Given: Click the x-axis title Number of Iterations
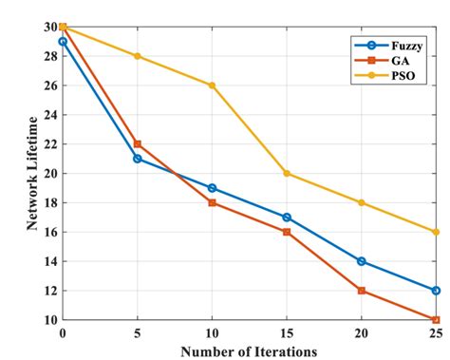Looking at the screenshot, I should tap(249, 351).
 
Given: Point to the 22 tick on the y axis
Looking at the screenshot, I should tap(47, 144).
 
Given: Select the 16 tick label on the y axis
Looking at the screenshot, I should tap(47, 232).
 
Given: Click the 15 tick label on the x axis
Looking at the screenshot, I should tap(287, 333).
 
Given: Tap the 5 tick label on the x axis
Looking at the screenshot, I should tap(138, 333).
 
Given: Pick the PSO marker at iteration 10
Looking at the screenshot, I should tap(212, 85).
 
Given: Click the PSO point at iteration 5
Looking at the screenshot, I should tap(138, 56).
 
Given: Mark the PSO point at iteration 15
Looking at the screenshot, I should tap(287, 173).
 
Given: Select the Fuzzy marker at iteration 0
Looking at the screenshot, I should tap(63, 42).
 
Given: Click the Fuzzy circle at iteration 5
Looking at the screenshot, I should tap(138, 159).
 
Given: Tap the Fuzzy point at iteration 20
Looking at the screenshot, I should tap(362, 261).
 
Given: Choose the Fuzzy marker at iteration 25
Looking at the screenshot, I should tap(436, 291).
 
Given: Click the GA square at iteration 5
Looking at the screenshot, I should tap(138, 144).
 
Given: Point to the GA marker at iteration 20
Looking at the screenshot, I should tap(362, 291).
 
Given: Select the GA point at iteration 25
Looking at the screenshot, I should tap(436, 319).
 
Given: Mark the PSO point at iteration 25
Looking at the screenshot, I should tap(436, 232).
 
